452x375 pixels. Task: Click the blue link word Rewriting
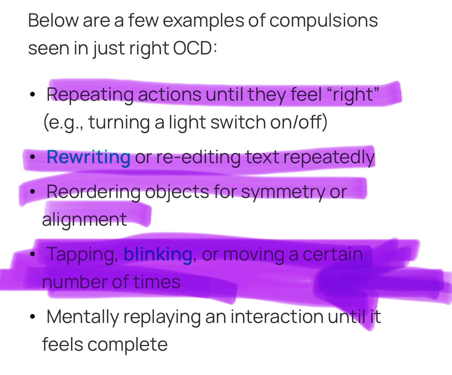pyautogui.click(x=88, y=157)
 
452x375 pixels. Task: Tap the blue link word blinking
pyautogui.click(x=158, y=254)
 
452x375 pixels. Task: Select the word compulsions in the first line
pyautogui.click(x=323, y=20)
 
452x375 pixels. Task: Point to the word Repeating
pyautogui.click(x=90, y=95)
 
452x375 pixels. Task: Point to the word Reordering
pyautogui.click(x=93, y=192)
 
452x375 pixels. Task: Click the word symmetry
pyautogui.click(x=283, y=192)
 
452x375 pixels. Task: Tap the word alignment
pyautogui.click(x=84, y=220)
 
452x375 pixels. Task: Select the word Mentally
pyautogui.click(x=82, y=317)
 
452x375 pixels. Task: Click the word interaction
pyautogui.click(x=277, y=317)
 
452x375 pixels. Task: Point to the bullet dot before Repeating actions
pyautogui.click(x=33, y=95)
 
